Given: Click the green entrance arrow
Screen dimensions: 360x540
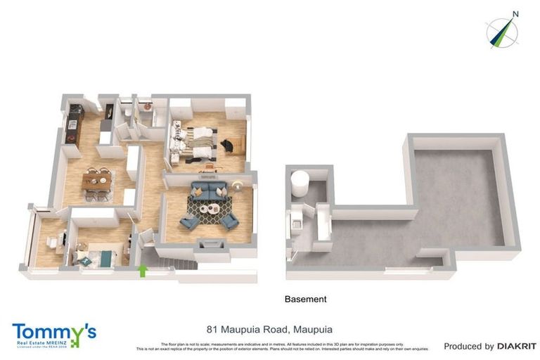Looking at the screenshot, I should point(145,270).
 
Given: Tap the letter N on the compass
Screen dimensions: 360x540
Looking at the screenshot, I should point(515,13).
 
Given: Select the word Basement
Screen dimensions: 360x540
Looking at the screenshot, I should point(305,299).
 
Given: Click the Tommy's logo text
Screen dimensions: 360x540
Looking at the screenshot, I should point(53,330).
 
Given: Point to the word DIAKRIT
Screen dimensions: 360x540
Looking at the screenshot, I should point(517,347).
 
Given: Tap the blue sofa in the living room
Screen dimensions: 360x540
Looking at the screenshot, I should point(209,190).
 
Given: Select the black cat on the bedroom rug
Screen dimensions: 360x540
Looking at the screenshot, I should point(228,145).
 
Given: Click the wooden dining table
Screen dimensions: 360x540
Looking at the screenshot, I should point(96,181).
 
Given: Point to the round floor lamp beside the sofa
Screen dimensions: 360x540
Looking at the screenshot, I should point(238,186).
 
